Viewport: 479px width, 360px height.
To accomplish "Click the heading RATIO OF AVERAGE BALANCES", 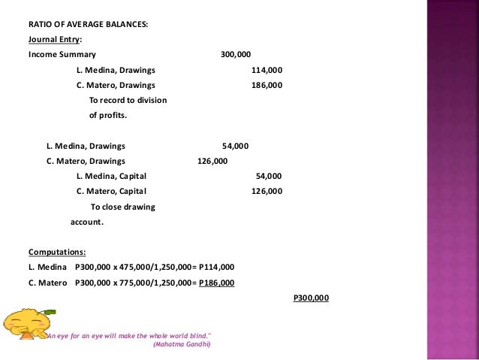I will (88, 24).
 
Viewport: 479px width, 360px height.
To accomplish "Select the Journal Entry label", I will (56, 39).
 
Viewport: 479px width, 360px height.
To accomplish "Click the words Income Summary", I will (62, 55).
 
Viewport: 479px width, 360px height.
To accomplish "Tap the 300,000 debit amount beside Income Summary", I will (236, 55).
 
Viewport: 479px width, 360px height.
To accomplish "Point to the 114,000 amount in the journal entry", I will (267, 70).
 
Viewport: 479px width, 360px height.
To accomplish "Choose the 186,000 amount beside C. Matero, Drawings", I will (267, 85).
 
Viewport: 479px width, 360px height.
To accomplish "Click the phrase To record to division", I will (128, 100).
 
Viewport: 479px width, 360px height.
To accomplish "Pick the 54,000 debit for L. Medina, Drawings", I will (236, 146).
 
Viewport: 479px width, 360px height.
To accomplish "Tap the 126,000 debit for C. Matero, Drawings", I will (212, 161).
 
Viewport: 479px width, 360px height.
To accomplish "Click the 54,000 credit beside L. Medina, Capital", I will (269, 176).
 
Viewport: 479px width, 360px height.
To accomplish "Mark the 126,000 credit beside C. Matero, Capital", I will (267, 191).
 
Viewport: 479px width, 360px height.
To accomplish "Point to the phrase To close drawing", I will (122, 207).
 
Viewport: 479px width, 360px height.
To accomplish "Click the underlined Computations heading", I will (57, 252).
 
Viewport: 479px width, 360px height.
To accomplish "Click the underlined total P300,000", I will (310, 298).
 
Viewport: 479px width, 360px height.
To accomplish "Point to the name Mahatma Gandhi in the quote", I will (181, 345).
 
